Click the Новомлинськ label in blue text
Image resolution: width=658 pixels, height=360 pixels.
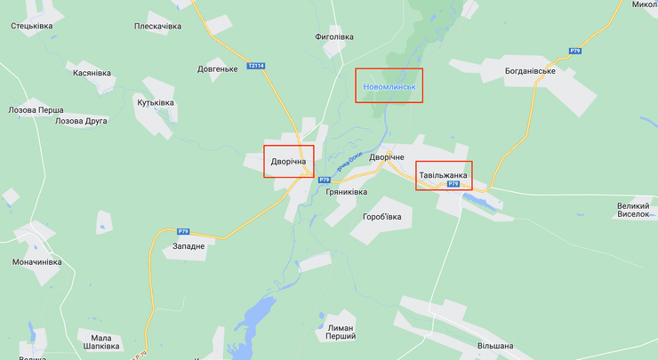389,87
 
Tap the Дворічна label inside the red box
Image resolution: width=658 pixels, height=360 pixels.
289,162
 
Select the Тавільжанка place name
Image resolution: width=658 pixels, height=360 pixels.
443,175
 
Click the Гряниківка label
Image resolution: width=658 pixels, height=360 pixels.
347,192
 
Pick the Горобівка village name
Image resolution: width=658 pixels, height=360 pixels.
382,217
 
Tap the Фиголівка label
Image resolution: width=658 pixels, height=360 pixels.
334,37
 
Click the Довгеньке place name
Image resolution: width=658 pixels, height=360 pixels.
217,69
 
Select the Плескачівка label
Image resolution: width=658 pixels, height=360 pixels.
157,27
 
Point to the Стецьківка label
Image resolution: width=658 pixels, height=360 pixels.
32,26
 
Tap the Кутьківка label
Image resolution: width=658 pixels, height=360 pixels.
156,103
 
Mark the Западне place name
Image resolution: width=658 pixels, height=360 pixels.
187,245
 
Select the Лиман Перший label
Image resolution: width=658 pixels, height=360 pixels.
341,332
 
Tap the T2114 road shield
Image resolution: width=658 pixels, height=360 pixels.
256,66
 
